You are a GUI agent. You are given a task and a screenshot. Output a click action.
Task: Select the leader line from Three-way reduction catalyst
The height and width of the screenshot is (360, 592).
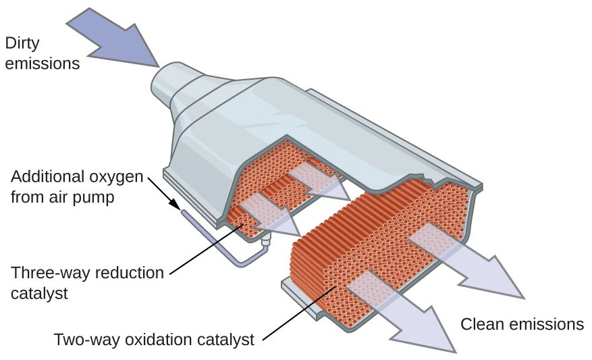tap(203, 253)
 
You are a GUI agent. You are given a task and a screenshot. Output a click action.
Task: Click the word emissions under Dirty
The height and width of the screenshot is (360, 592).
tap(42, 64)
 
